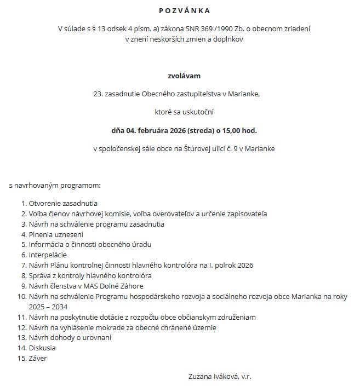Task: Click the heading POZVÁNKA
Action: pos(184,10)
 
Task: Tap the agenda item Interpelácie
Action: pos(48,255)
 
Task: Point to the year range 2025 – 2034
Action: pos(48,307)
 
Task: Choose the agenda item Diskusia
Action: pos(42,348)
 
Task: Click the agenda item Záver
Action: pos(38,358)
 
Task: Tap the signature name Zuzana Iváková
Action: pos(213,376)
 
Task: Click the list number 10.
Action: pos(21,296)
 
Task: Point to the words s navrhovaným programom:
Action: pos(55,186)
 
